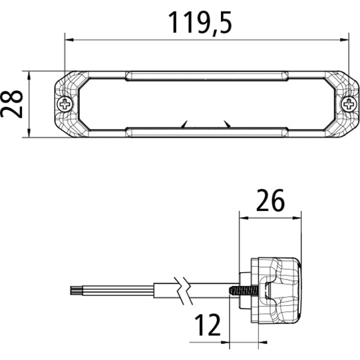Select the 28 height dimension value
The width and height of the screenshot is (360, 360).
(12, 104)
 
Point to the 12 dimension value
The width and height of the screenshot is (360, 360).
(207, 325)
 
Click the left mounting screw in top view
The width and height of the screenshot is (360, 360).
(65, 104)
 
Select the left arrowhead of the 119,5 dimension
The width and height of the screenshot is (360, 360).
(69, 39)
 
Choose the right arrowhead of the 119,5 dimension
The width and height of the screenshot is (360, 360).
(346, 39)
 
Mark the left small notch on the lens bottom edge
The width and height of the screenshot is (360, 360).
(185, 124)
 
